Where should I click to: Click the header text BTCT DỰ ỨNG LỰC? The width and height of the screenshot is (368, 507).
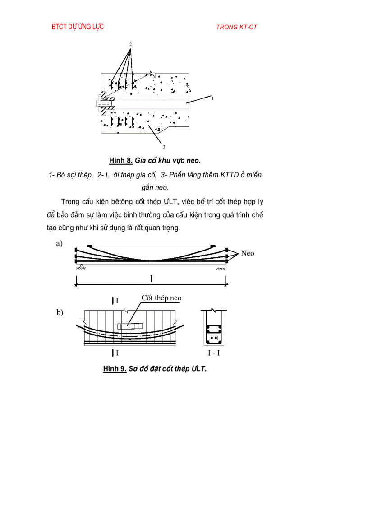pyautogui.click(x=78, y=27)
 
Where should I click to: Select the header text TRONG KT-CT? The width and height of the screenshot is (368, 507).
pyautogui.click(x=236, y=27)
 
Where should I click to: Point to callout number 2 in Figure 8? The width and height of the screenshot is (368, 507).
pyautogui.click(x=130, y=44)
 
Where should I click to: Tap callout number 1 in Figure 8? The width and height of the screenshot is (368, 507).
pyautogui.click(x=212, y=97)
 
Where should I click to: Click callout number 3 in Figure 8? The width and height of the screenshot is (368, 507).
pyautogui.click(x=164, y=146)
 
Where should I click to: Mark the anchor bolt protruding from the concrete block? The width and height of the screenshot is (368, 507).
pyautogui.click(x=102, y=103)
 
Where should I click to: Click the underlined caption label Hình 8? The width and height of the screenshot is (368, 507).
pyautogui.click(x=121, y=161)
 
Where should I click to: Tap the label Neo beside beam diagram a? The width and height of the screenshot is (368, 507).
pyautogui.click(x=248, y=253)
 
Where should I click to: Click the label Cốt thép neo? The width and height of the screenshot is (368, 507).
pyautogui.click(x=161, y=298)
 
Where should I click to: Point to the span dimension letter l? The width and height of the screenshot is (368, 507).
pyautogui.click(x=151, y=279)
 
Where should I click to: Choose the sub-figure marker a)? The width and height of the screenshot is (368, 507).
pyautogui.click(x=59, y=244)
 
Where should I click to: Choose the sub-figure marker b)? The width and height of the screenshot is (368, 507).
pyautogui.click(x=60, y=312)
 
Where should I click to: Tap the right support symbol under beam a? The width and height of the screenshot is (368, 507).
pyautogui.click(x=221, y=268)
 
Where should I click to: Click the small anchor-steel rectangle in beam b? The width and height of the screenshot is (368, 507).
pyautogui.click(x=129, y=326)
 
